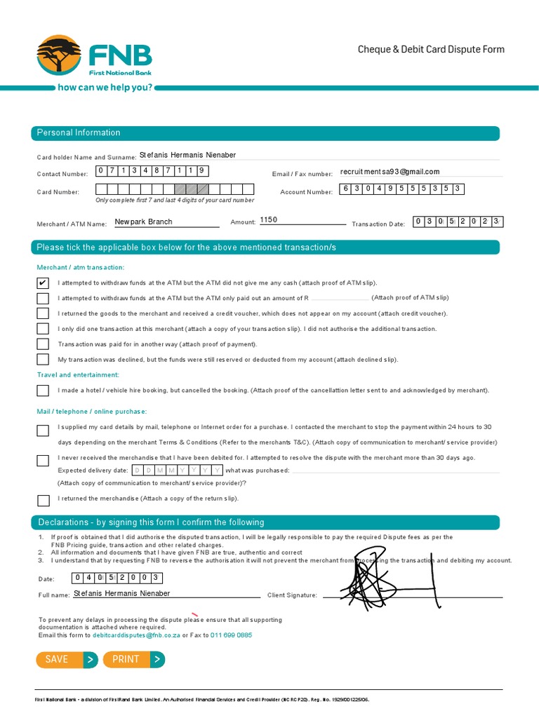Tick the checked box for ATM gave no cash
tap(43, 283)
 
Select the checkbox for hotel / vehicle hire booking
tap(43, 391)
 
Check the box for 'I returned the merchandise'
tap(43, 500)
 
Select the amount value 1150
tap(269, 220)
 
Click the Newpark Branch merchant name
tap(144, 222)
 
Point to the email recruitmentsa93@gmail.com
tap(390, 172)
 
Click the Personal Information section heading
tap(79, 133)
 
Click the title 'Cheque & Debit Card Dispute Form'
tap(431, 49)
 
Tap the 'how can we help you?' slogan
tap(105, 88)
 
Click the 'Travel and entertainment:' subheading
tap(78, 375)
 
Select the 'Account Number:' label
tap(306, 192)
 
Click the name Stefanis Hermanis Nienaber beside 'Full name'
tap(121, 593)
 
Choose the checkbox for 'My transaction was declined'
tap(43, 360)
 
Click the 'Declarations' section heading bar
tap(151, 522)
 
